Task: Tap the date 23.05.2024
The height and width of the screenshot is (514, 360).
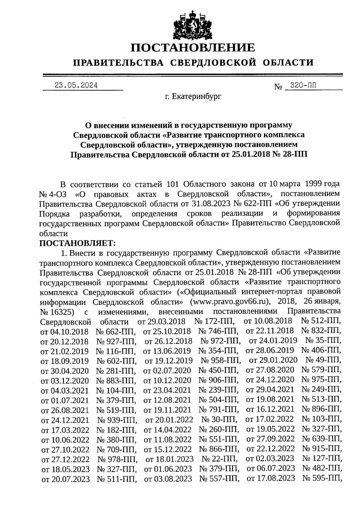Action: [76, 85]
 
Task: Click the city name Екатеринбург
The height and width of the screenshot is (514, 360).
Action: [193, 97]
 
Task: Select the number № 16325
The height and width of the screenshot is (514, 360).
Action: [57, 311]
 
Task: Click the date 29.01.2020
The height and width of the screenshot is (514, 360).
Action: [273, 360]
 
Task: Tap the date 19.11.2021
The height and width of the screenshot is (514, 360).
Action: [167, 410]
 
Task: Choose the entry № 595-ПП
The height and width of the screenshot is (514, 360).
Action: [322, 478]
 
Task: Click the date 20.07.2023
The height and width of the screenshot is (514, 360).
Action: [66, 479]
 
